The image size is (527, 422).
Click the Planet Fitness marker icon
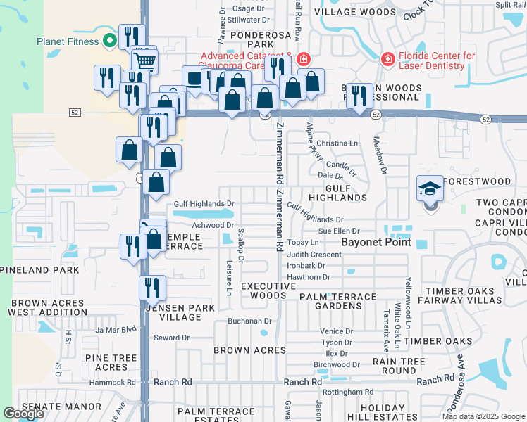(x=109, y=41)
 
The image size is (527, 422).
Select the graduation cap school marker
(x=430, y=188)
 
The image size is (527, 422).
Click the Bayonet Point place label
(x=376, y=243)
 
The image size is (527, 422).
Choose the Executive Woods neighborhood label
(x=268, y=291)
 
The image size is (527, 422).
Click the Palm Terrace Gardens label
(x=340, y=301)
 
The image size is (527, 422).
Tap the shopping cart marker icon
(x=144, y=60)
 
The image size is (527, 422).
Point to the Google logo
(x=23, y=414)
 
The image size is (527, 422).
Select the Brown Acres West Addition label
(x=46, y=307)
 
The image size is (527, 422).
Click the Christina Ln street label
(x=337, y=143)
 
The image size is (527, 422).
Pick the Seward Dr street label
(x=172, y=338)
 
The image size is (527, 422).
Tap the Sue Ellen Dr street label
(x=339, y=231)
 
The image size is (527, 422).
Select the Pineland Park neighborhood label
(x=39, y=270)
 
